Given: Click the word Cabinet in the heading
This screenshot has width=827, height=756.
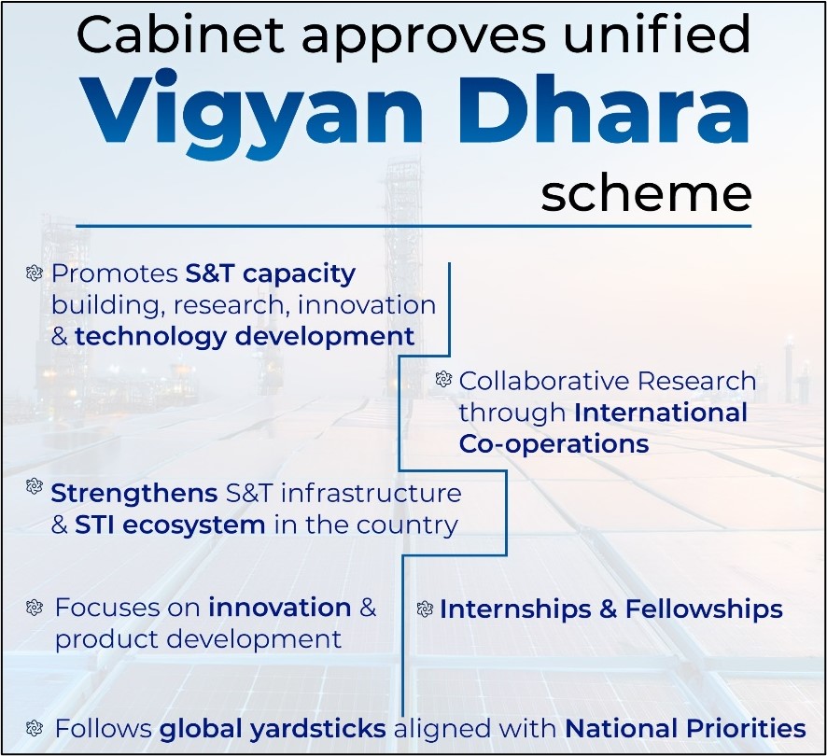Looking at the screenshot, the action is pos(180,35).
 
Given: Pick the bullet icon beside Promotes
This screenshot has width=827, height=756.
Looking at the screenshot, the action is pos(34,273).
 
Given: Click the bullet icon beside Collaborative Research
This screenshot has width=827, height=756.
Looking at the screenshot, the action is pos(443,379).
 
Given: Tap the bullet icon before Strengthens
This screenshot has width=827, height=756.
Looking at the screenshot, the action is pos(34,486).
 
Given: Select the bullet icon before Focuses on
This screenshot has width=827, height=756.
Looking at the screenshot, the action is pos(34,608).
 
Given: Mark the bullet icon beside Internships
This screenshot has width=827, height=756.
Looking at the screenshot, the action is pos(425,609).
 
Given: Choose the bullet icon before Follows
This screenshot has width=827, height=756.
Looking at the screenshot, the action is pos(34,728).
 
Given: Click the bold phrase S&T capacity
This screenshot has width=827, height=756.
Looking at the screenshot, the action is pos(271,274).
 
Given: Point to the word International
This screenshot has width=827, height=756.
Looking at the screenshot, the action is pos(660,412).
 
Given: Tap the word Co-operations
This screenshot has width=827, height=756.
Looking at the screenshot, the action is pos(554,444).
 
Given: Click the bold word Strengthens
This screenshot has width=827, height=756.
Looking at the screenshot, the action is pos(134,494).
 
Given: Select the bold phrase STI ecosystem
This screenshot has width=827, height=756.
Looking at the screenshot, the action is pos(170,525).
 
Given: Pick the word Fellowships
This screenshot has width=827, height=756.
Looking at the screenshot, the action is pos(704,609).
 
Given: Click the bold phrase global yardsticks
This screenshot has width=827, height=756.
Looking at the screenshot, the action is pos(273,729).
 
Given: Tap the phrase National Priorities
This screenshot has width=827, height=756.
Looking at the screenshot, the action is pos(685,729).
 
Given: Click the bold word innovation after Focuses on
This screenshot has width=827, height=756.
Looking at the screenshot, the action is pos(280,608).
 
